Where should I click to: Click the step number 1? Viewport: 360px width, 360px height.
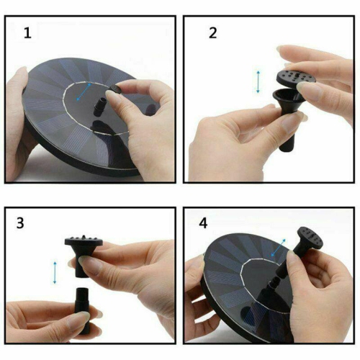[x=27, y=32]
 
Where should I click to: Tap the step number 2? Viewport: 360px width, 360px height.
[x=212, y=32]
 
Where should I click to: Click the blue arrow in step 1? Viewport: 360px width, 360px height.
[x=86, y=92]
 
